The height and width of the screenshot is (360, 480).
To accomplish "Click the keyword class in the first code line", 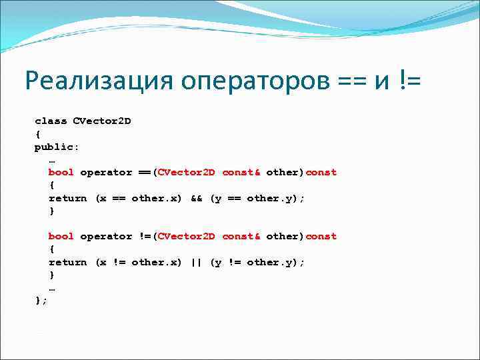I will pyautogui.click(x=51, y=121).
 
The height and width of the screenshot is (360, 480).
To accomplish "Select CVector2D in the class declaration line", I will pyautogui.click(x=102, y=121).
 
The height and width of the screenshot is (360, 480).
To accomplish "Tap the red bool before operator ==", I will pyautogui.click(x=61, y=172).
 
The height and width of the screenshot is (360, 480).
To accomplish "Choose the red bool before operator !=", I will pyautogui.click(x=61, y=236).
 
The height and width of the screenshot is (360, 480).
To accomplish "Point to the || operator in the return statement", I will pyautogui.click(x=196, y=262).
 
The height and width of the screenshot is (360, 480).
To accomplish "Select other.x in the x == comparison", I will pyautogui.click(x=157, y=198).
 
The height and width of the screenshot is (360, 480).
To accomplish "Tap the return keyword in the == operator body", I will pyautogui.click(x=67, y=198).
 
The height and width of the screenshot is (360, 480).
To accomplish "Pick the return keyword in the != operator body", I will pyautogui.click(x=67, y=262).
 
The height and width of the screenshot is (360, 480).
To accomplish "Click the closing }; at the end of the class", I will pyautogui.click(x=41, y=301).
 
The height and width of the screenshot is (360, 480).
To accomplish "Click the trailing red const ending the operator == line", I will pyautogui.click(x=321, y=172).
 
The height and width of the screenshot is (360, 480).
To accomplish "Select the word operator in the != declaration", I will pyautogui.click(x=106, y=236).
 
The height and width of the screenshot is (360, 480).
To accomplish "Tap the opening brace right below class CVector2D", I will pyautogui.click(x=37, y=133).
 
